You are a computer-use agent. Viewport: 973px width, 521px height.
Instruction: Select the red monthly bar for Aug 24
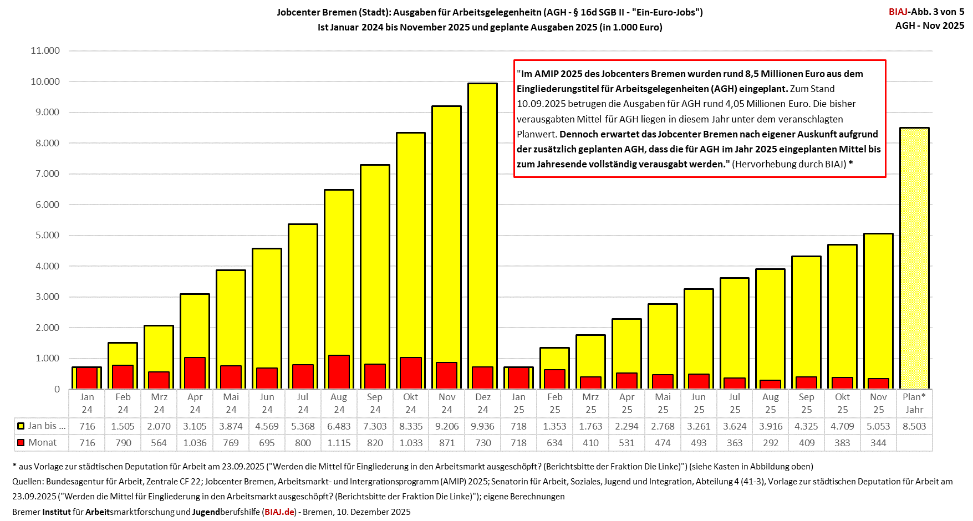[x=339, y=372]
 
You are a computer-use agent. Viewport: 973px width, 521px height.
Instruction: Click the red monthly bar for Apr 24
[x=195, y=373]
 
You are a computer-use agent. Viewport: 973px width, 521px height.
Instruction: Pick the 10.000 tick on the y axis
[x=45, y=81]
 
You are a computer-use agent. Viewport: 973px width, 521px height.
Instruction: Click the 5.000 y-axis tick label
[x=45, y=235]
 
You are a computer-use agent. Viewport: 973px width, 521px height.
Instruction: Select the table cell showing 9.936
[x=482, y=426]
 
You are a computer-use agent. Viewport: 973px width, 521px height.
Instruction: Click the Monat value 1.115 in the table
[x=339, y=443]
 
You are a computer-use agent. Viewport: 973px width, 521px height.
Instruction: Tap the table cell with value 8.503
[x=914, y=426]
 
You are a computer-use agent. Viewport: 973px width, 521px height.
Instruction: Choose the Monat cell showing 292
[x=770, y=443]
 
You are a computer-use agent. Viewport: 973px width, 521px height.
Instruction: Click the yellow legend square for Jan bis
[x=21, y=426]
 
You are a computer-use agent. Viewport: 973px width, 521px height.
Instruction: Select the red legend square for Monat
[x=21, y=443]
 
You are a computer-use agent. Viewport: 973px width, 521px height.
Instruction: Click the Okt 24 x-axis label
[x=411, y=403]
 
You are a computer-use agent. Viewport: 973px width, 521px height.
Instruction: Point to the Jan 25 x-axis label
[x=518, y=403]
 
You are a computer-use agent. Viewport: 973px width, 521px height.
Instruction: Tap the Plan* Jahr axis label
[x=914, y=403]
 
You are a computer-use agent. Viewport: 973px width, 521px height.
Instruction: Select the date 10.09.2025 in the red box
[x=541, y=104]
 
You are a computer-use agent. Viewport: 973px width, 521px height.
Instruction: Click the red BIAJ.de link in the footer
[x=279, y=512]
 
